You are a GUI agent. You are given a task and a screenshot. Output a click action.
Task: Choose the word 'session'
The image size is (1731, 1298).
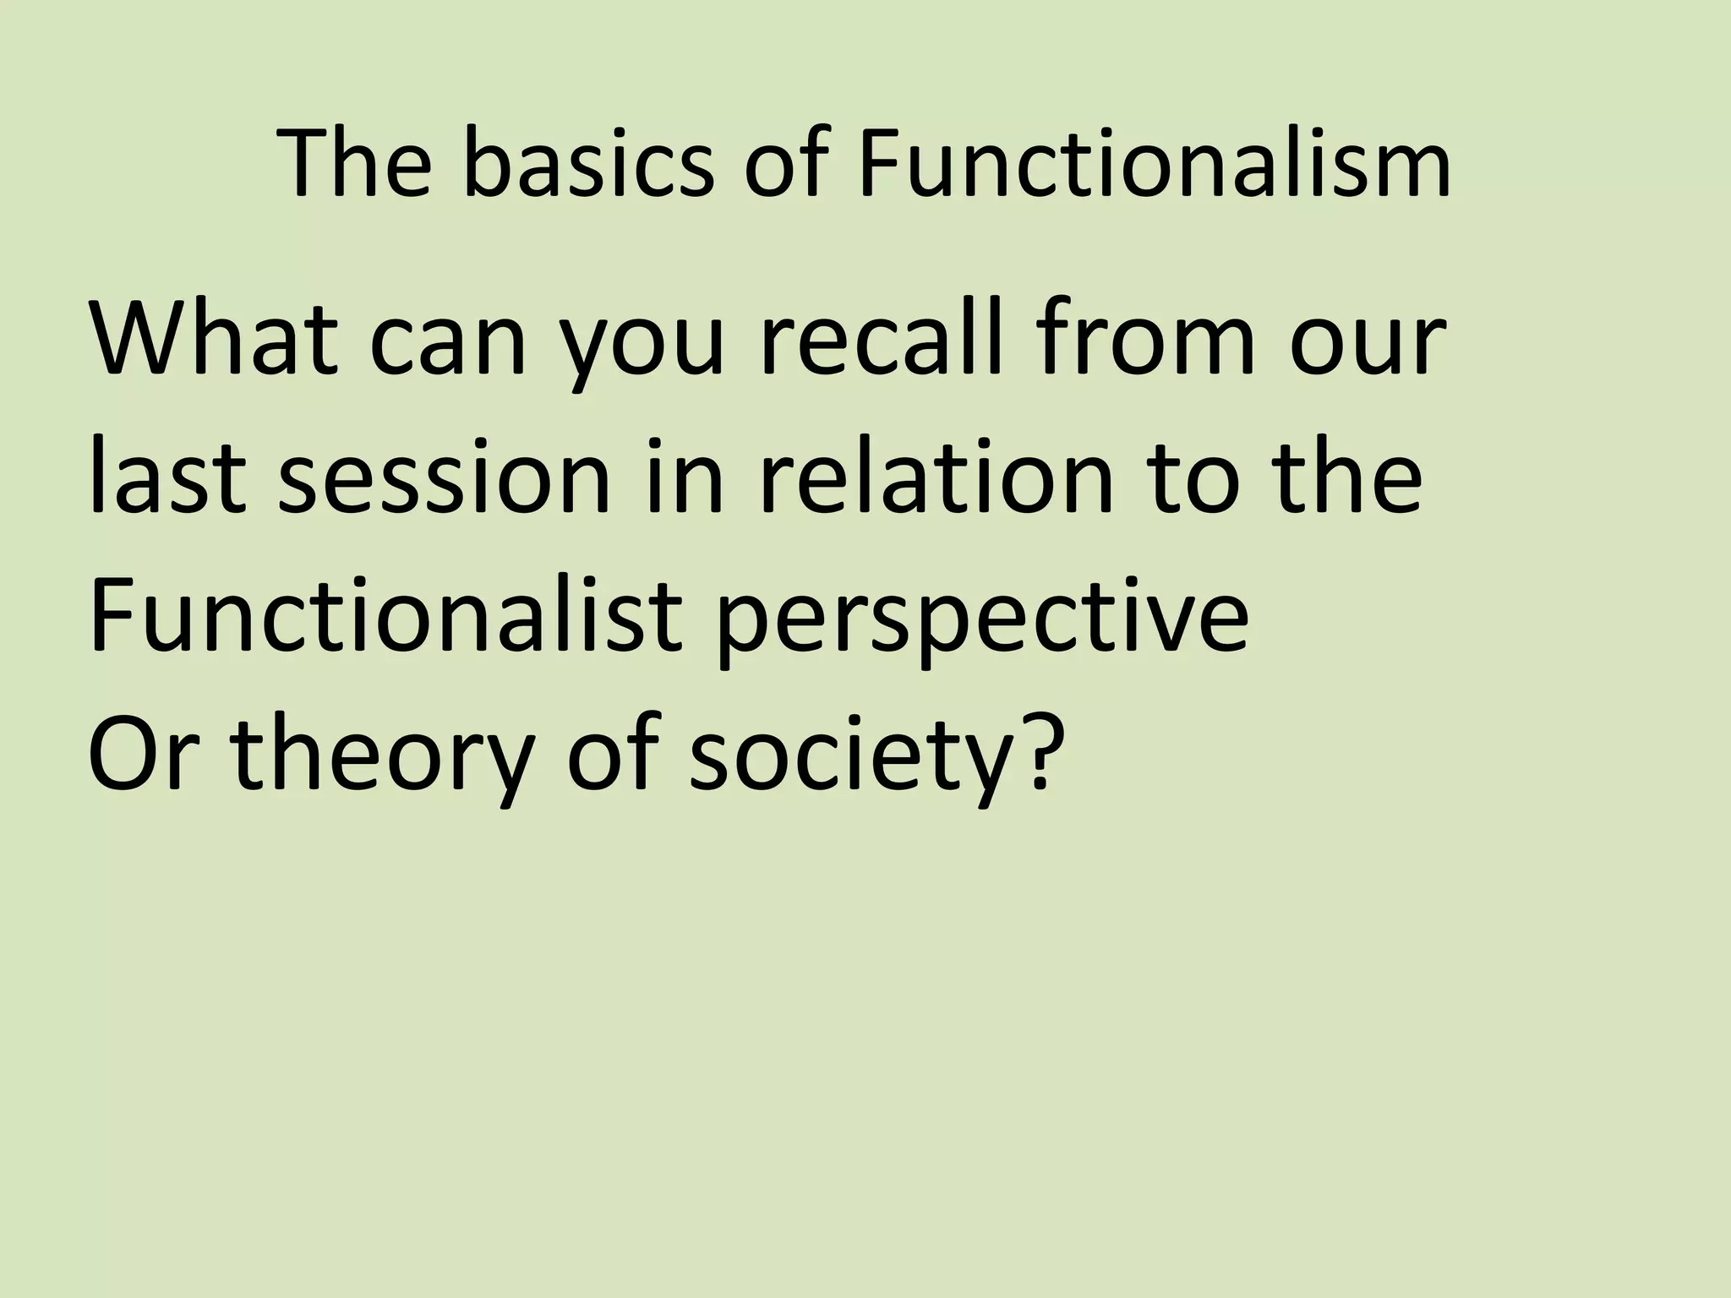[444, 477]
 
